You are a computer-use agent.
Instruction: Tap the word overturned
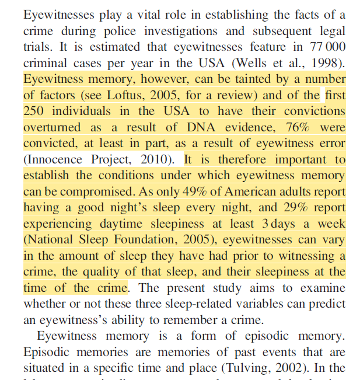click(51, 126)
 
